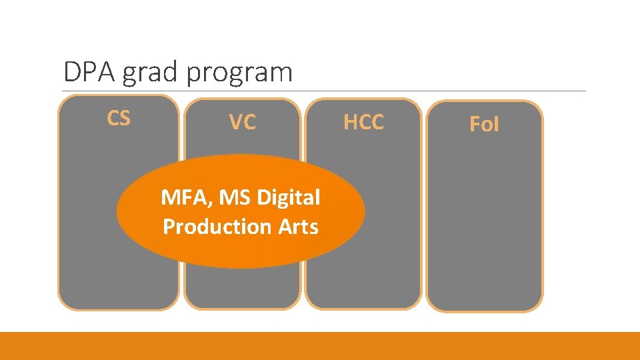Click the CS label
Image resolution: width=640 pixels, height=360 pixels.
[119, 118]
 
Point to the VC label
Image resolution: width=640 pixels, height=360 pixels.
[242, 122]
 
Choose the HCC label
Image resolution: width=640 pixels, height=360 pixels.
[363, 122]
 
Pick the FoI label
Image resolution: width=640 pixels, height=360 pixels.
[484, 124]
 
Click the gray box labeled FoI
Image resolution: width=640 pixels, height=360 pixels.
[484, 220]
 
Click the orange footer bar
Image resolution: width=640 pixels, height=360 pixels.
[320, 345]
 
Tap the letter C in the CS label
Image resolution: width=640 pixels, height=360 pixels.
[113, 118]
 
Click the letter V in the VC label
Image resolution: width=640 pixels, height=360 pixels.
[235, 122]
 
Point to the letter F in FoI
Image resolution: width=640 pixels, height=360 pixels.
[475, 124]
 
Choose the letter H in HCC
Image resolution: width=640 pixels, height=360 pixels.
[350, 122]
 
